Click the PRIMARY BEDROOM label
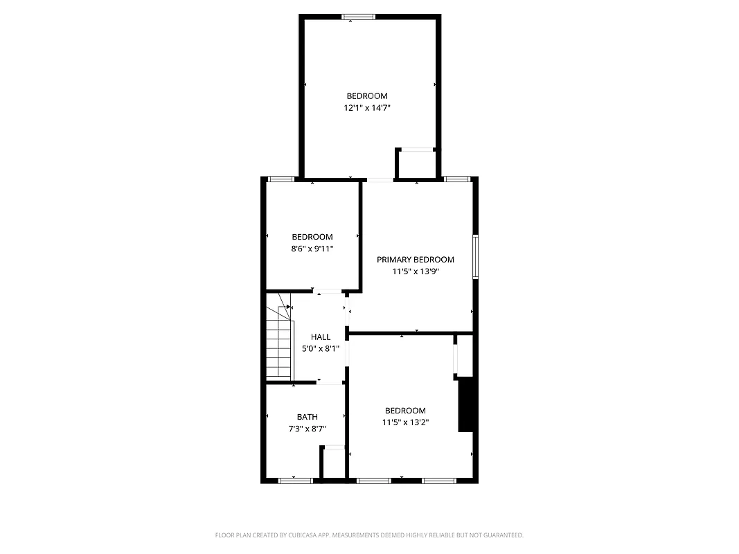[415, 260]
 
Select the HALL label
[321, 337]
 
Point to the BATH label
[308, 417]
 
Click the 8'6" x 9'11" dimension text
[312, 249]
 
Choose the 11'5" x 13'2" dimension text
[405, 422]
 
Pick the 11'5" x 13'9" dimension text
[415, 271]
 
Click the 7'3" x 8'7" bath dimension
[308, 429]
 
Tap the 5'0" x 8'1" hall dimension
[321, 349]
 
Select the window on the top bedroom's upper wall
[359, 17]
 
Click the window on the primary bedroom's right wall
[476, 257]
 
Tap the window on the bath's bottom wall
[295, 479]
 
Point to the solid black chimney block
[465, 404]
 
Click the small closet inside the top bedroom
[416, 164]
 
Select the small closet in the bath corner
[334, 463]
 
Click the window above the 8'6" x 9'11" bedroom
[281, 179]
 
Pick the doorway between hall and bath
[330, 383]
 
